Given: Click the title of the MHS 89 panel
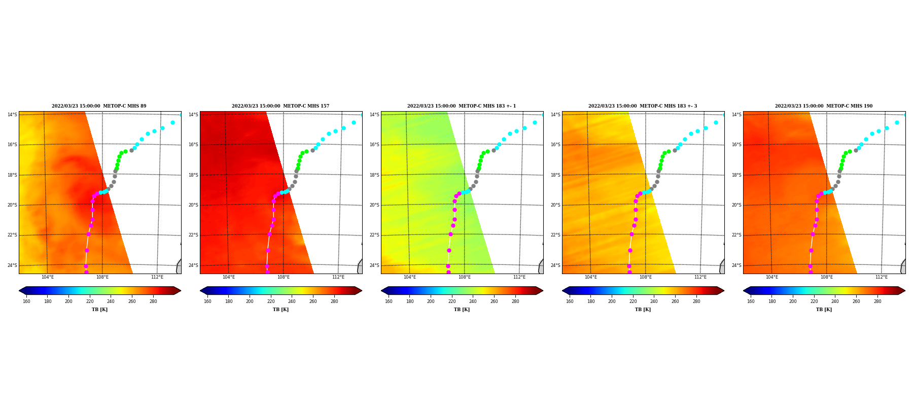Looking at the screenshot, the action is [x=99, y=106].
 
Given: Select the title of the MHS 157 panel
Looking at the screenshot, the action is [x=280, y=106].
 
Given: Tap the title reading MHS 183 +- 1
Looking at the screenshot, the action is [x=462, y=106].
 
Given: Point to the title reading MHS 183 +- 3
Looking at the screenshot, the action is [x=643, y=106].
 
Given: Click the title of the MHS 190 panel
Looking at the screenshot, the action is [x=824, y=106].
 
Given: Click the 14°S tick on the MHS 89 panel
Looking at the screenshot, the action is [x=12, y=115].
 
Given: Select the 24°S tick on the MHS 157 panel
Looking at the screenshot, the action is [x=193, y=265].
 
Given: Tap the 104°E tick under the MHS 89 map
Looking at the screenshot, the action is [x=48, y=277].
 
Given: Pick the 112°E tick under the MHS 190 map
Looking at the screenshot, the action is [x=882, y=277].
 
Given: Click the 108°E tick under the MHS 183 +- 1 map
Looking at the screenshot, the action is [x=465, y=277].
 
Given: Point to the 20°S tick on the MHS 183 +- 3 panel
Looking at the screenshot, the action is [x=555, y=205].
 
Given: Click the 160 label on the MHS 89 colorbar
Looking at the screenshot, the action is [x=26, y=301].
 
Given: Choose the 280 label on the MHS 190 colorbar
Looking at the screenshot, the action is [x=877, y=301].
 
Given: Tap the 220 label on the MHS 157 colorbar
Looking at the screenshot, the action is [x=271, y=301].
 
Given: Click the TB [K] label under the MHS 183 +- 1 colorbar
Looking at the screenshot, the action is [x=462, y=310].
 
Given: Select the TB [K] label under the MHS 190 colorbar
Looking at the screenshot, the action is [x=824, y=310].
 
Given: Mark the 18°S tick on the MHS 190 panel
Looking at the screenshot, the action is [x=736, y=175].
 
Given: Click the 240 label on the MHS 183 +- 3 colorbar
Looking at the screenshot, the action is [x=654, y=301].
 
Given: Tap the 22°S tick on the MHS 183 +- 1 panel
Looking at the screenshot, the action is [x=374, y=235].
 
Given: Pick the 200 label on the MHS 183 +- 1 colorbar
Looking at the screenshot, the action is [x=431, y=301].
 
